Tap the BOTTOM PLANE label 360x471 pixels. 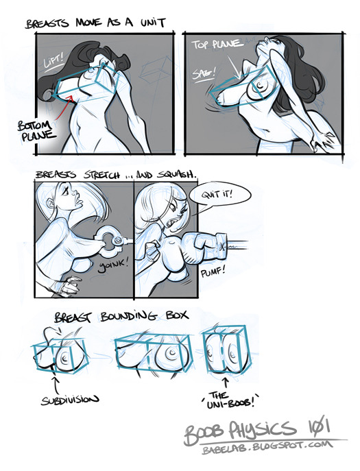[x=37, y=130]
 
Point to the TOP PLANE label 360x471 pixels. [x=217, y=44]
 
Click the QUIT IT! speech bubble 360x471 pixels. [x=219, y=194]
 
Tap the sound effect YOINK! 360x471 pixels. [x=113, y=266]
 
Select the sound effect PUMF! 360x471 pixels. [x=213, y=272]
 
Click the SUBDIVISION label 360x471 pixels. [x=70, y=400]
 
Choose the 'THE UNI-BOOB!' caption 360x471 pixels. [x=230, y=400]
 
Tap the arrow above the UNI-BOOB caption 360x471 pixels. [x=226, y=384]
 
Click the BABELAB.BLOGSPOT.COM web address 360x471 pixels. [x=267, y=446]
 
